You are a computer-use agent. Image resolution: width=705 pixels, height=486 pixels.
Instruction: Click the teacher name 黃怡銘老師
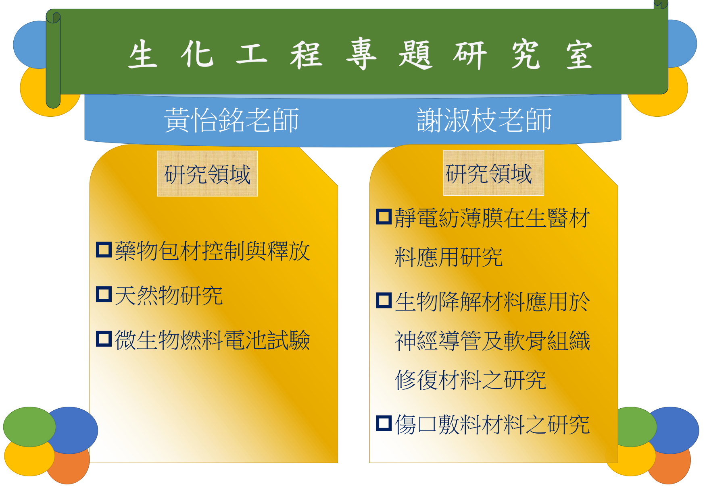click(232, 120)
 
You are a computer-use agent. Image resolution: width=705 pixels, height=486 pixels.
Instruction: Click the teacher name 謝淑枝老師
click(484, 120)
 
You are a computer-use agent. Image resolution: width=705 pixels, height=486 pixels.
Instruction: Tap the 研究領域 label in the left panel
click(207, 174)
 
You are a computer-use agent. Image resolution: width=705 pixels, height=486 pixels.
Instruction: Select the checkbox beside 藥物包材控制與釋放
click(104, 250)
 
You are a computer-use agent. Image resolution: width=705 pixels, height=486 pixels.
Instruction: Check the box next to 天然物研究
click(104, 294)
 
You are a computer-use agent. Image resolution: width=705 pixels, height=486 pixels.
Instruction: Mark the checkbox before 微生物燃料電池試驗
click(104, 339)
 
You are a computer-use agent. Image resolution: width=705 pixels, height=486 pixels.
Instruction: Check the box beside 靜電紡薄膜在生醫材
click(384, 217)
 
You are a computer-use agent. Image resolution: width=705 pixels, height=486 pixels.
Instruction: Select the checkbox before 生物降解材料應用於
click(384, 300)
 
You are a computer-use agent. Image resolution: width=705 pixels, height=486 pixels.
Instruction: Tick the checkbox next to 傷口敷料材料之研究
click(384, 423)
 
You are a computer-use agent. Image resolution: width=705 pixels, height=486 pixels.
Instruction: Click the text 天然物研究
click(169, 296)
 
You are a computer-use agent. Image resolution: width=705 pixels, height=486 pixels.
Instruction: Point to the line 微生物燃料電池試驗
click(213, 340)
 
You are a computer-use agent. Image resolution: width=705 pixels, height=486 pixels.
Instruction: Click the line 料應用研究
click(448, 257)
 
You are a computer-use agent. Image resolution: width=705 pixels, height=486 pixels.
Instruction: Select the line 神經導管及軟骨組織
click(492, 341)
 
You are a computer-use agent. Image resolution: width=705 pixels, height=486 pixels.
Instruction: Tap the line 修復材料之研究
click(471, 380)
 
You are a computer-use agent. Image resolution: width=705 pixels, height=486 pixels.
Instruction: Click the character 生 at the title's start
click(143, 54)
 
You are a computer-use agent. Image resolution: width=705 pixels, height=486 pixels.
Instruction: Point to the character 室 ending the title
click(579, 55)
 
